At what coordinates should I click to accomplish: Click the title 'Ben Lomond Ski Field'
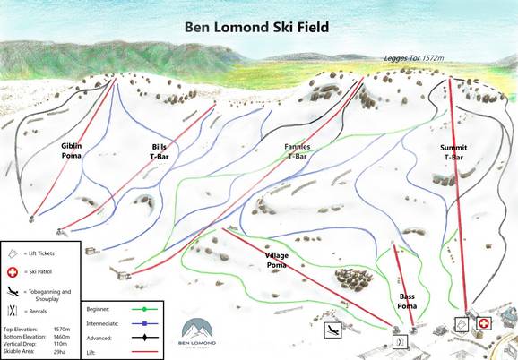(256, 27)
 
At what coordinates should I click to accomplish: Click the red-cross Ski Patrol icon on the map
(484, 322)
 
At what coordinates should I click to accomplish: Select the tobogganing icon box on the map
(332, 330)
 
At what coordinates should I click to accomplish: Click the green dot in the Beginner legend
(143, 309)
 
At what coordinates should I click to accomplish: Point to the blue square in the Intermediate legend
(143, 323)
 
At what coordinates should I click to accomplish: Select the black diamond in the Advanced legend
(143, 338)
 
